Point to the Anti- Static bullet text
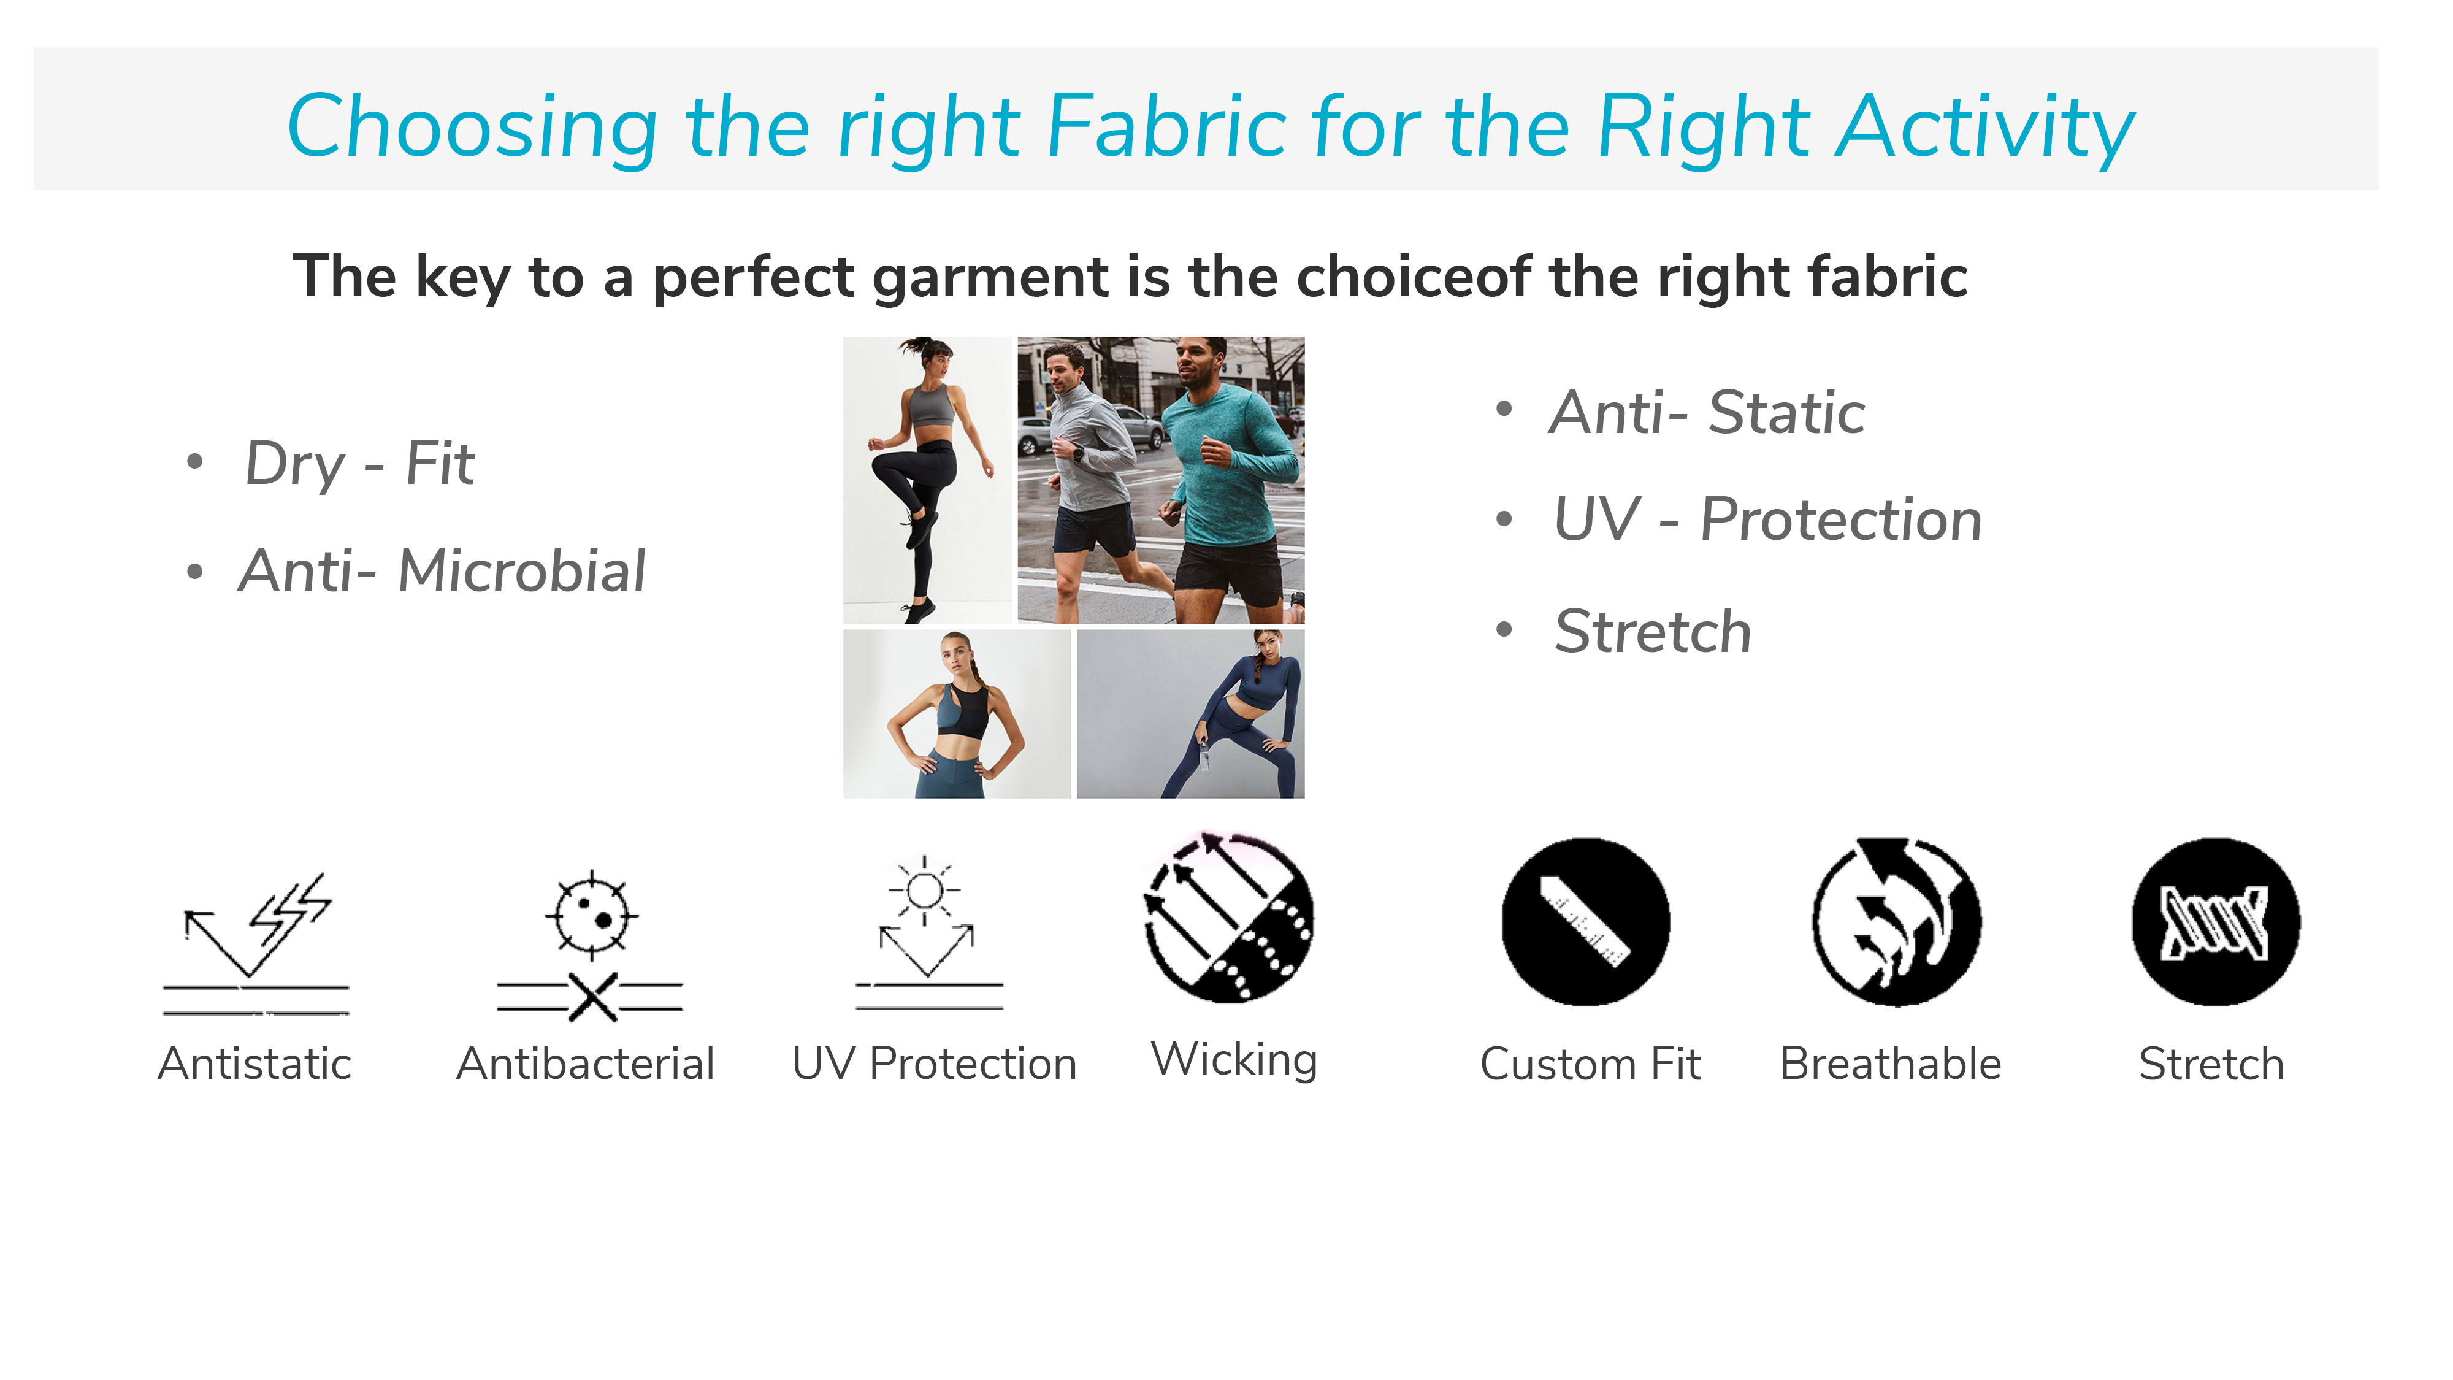[1707, 413]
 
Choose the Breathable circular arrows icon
[1896, 922]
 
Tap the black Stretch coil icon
[2216, 922]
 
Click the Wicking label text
[1234, 1060]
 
